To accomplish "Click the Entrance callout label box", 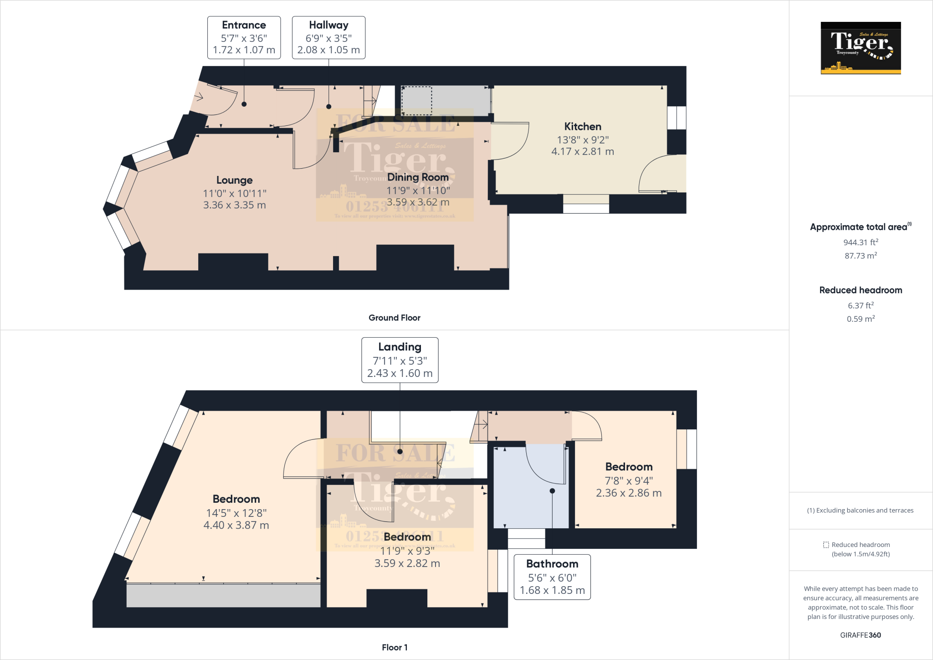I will (x=244, y=37).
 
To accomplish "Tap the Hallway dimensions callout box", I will (x=328, y=37).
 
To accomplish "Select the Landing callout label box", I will (x=400, y=360).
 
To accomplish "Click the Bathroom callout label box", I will (x=552, y=577).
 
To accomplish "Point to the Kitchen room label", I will (x=583, y=127).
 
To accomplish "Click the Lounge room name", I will (x=234, y=180).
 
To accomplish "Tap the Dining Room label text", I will (x=418, y=177).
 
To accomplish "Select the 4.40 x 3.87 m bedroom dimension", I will (x=236, y=525).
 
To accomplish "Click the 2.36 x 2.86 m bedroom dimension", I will (x=629, y=493).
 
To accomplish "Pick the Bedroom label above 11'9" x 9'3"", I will (x=407, y=537).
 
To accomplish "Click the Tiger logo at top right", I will (x=861, y=48).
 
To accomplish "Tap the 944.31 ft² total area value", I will (x=861, y=242).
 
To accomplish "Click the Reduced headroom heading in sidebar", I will (x=861, y=290).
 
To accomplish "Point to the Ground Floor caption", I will (x=395, y=318).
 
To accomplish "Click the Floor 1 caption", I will (x=395, y=647).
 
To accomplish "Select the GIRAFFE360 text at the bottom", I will (x=861, y=635).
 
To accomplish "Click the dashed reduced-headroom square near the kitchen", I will (x=416, y=101).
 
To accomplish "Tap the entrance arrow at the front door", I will (x=199, y=97).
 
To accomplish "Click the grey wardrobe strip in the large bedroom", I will (x=223, y=595).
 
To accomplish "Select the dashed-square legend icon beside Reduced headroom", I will (x=826, y=545).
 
